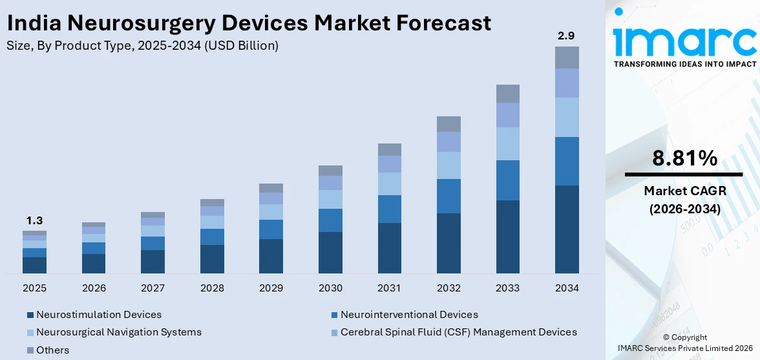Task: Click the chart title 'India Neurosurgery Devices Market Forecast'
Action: click(x=249, y=23)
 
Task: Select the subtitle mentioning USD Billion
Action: click(x=143, y=45)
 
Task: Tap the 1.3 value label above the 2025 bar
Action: click(x=34, y=221)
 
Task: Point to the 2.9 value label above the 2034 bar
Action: click(x=567, y=36)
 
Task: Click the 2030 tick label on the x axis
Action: click(x=330, y=288)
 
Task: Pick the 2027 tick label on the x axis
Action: click(x=153, y=288)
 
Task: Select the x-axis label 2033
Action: click(x=508, y=288)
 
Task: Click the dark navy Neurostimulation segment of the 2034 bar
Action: click(x=567, y=229)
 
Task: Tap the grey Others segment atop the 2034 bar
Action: click(x=567, y=58)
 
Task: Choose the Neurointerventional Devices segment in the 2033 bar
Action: click(x=508, y=180)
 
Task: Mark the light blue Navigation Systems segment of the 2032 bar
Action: click(x=449, y=165)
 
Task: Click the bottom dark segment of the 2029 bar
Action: click(x=271, y=256)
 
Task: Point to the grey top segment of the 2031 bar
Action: click(x=389, y=149)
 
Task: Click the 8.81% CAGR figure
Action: click(x=684, y=158)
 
